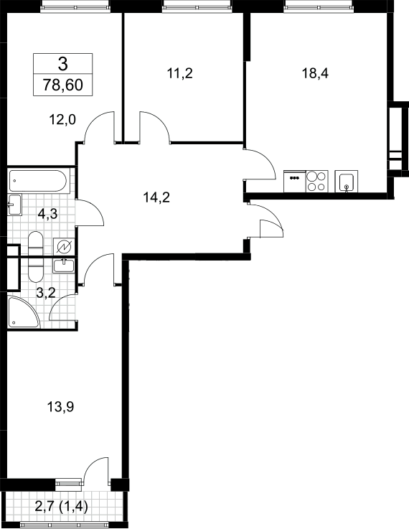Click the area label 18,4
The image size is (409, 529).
click(x=315, y=73)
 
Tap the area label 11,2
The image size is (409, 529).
click(x=179, y=73)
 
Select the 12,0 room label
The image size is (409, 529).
click(x=62, y=119)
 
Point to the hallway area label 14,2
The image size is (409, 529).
click(x=156, y=197)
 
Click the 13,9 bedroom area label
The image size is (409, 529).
click(x=60, y=407)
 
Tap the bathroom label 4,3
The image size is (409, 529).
click(x=48, y=214)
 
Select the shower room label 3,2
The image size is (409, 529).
click(x=46, y=293)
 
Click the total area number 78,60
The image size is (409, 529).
click(x=62, y=85)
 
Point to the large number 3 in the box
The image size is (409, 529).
click(x=62, y=63)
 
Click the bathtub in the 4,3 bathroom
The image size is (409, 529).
click(x=38, y=181)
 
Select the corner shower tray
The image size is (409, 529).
click(x=24, y=312)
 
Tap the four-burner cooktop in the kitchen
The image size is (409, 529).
click(x=317, y=182)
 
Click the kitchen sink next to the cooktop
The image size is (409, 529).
click(x=347, y=182)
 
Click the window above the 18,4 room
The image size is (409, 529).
click(x=319, y=6)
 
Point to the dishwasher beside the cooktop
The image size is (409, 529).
click(x=295, y=182)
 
